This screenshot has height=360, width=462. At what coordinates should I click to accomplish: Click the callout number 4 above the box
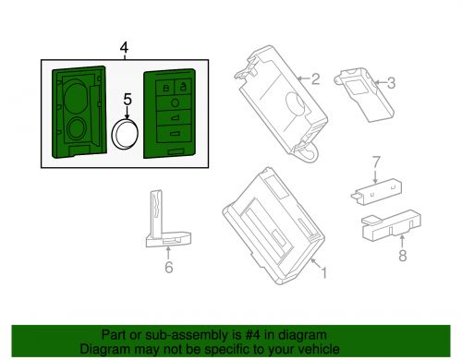tap(124, 48)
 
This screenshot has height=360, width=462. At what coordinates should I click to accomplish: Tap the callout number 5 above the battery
tap(128, 99)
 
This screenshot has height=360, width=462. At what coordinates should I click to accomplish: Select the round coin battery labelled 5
tap(125, 133)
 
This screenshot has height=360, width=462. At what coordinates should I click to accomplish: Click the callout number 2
tap(315, 79)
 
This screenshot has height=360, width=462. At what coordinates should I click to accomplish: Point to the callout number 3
tap(391, 83)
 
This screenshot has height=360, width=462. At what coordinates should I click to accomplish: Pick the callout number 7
tap(376, 162)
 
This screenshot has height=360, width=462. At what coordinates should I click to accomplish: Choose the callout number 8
tap(403, 256)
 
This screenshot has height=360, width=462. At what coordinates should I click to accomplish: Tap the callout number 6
tap(169, 267)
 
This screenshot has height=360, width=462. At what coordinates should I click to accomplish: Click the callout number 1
tap(323, 272)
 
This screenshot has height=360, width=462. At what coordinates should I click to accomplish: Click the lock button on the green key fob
tap(165, 87)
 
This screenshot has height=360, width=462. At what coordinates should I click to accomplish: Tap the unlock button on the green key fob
tap(183, 86)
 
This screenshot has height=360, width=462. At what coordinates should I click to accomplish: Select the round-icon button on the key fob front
tap(175, 102)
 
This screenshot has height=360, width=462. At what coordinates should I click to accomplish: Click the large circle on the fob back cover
tap(76, 96)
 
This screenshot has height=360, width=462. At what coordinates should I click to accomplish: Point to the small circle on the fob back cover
tap(76, 129)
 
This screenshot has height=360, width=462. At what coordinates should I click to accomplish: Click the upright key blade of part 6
tap(156, 214)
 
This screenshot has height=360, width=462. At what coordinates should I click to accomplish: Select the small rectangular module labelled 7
tap(376, 192)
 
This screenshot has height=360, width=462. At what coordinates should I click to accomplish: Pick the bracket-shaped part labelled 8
tap(391, 225)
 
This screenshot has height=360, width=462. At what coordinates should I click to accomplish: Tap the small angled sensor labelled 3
tap(364, 95)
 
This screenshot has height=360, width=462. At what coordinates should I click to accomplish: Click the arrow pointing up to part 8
tap(402, 242)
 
